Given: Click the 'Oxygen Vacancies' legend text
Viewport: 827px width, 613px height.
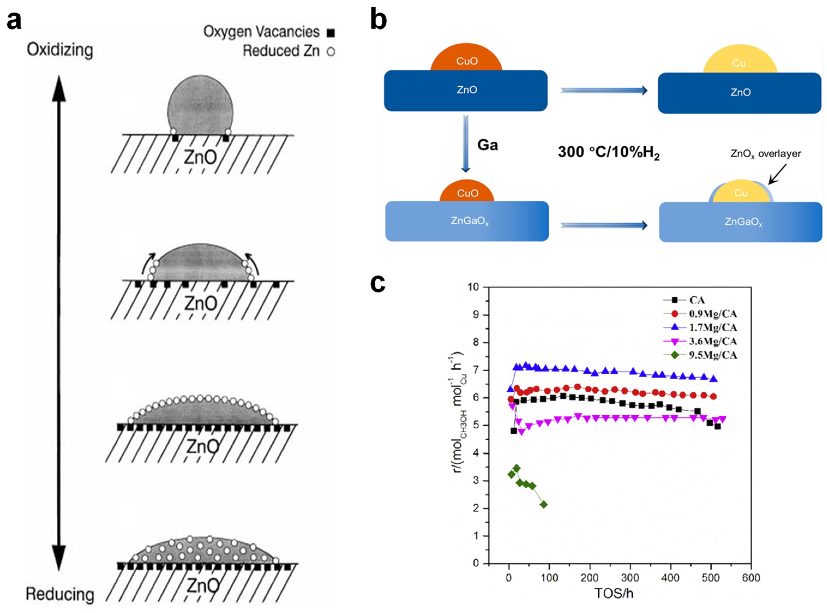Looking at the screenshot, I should tap(261, 32).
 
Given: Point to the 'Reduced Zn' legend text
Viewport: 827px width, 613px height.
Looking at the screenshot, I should tap(281, 51).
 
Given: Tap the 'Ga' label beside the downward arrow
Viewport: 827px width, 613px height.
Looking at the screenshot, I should tap(487, 145).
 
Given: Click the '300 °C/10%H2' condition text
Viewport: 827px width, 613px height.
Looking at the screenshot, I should tap(609, 152).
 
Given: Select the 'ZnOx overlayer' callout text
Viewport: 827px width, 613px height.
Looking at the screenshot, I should tap(765, 154).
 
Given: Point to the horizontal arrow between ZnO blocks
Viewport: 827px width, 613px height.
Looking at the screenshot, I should tap(604, 90).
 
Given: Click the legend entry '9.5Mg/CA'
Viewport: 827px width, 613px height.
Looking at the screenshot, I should tap(712, 355).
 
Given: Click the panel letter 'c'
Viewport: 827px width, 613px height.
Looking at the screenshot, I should tap(378, 284).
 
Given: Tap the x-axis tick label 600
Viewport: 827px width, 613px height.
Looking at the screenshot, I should tap(751, 578).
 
